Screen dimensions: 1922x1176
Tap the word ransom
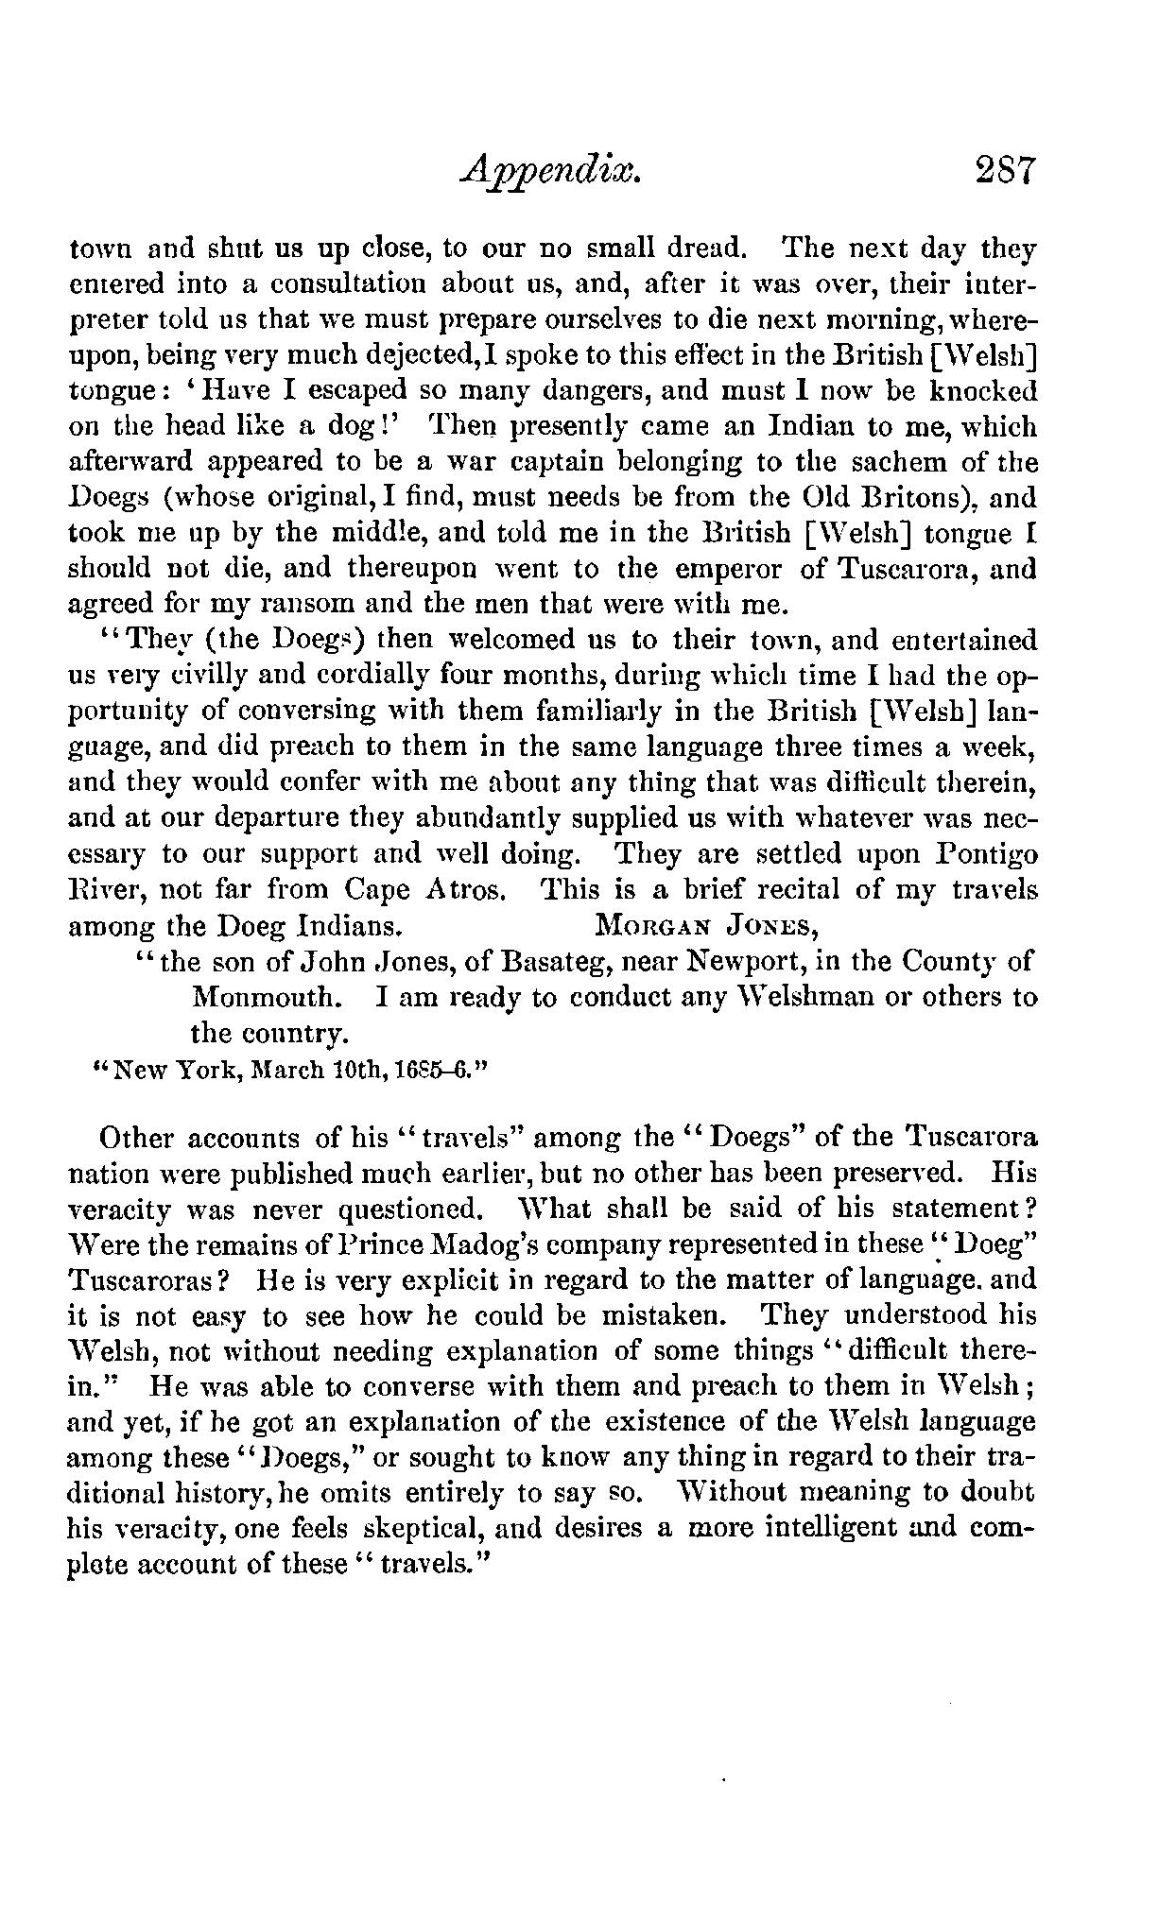pyautogui.click(x=310, y=605)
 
